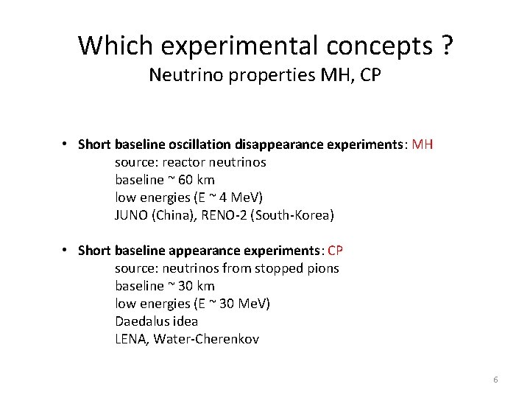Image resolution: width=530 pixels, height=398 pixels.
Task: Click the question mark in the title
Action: [x=447, y=46]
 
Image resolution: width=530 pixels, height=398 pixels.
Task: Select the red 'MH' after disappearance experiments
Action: [x=423, y=144]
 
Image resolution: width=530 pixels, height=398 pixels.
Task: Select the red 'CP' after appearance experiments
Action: [x=336, y=251]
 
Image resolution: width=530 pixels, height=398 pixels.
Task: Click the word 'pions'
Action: [x=323, y=268]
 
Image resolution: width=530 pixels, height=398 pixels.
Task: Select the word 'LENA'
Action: [x=130, y=339]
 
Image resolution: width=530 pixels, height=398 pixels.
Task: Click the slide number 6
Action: [x=495, y=380]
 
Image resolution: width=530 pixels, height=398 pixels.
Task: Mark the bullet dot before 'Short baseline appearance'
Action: [x=66, y=250]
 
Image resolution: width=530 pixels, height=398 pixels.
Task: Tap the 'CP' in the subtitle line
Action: [x=371, y=75]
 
